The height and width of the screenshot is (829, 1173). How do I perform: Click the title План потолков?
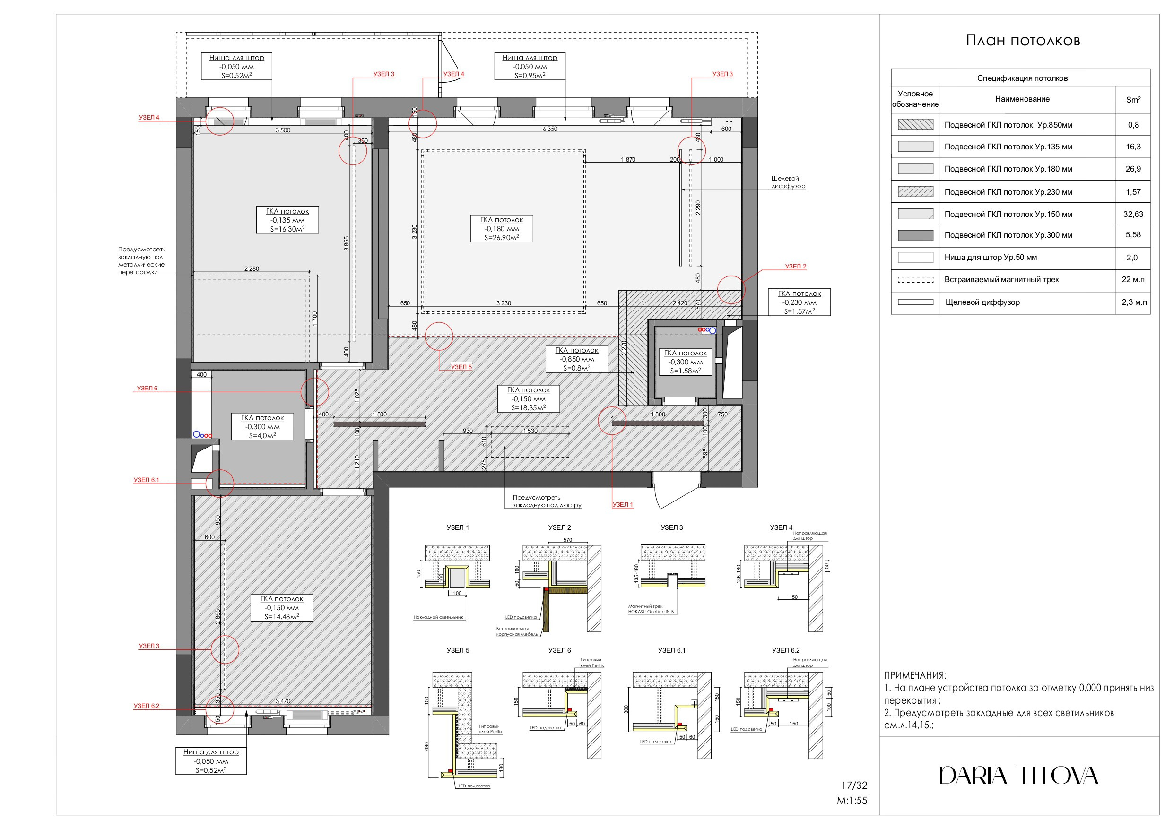point(1023,41)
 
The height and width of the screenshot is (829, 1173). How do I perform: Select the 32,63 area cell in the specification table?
point(1133,214)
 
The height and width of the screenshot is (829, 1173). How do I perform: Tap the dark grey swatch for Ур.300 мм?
point(915,235)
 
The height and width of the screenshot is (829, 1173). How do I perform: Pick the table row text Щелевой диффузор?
point(982,302)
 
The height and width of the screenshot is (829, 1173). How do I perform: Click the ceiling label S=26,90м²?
point(501,238)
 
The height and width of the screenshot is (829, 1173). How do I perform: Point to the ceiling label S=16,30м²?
point(287,229)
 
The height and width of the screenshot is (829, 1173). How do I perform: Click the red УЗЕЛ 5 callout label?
point(461,367)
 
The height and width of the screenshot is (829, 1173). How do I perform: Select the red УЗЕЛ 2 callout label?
point(795,266)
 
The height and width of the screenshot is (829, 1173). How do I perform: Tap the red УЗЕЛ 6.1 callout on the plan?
point(146,480)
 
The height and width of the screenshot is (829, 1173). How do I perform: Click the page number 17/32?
point(854,786)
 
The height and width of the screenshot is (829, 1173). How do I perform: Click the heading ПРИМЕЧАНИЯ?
point(915,675)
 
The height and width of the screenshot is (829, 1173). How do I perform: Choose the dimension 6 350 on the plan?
point(550,129)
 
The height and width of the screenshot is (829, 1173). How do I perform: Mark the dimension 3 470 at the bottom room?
point(283,701)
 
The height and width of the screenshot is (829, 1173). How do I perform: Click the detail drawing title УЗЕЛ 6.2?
point(785,650)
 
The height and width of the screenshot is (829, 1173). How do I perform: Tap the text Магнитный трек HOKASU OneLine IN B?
point(651,609)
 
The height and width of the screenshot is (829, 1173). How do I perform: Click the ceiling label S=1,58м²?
point(685,371)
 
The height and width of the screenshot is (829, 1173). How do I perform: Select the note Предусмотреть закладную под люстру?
point(547,501)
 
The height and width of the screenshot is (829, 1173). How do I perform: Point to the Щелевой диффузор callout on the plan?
point(788,182)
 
